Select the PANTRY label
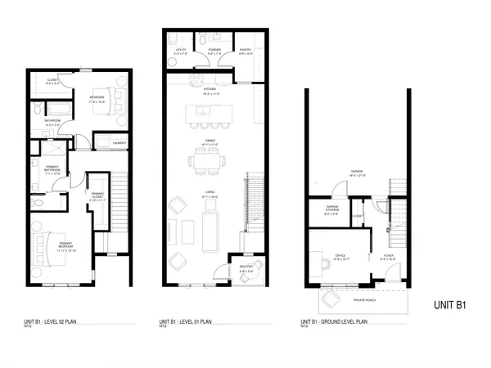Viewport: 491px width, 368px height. coord(245,52)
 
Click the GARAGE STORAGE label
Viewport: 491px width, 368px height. coord(332,208)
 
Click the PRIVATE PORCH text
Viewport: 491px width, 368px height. coord(366,301)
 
